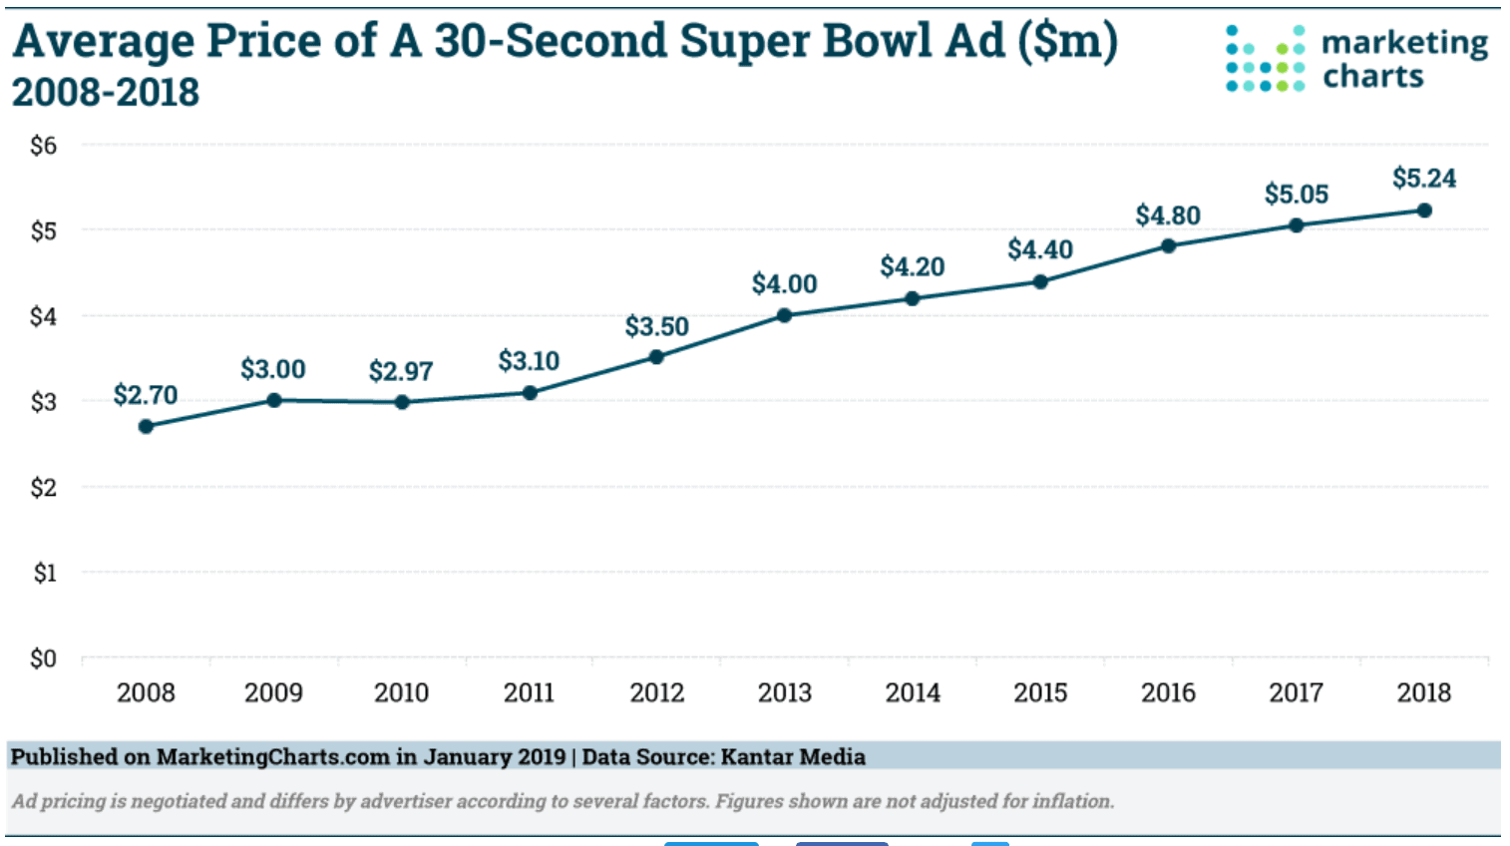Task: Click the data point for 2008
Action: pyautogui.click(x=146, y=426)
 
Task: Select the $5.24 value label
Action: pyautogui.click(x=1424, y=179)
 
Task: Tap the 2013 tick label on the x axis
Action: pyautogui.click(x=785, y=692)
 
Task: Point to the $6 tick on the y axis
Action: pyautogui.click(x=43, y=146)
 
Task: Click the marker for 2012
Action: pyautogui.click(x=656, y=356)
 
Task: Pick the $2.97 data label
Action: pyautogui.click(x=401, y=371)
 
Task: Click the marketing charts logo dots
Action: pyautogui.click(x=1265, y=60)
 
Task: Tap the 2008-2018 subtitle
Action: pyautogui.click(x=106, y=93)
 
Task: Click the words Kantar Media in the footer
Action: pyautogui.click(x=793, y=756)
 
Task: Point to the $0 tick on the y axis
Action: pyautogui.click(x=43, y=658)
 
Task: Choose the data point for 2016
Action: pyautogui.click(x=1169, y=245)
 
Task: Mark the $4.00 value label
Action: pyautogui.click(x=785, y=284)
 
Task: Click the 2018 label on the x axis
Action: pyautogui.click(x=1424, y=692)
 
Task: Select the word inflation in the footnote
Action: pyautogui.click(x=1071, y=801)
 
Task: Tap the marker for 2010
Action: pyautogui.click(x=402, y=402)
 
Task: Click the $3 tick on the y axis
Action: pyautogui.click(x=43, y=402)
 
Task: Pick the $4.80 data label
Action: pyautogui.click(x=1168, y=215)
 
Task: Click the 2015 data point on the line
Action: pyautogui.click(x=1040, y=281)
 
